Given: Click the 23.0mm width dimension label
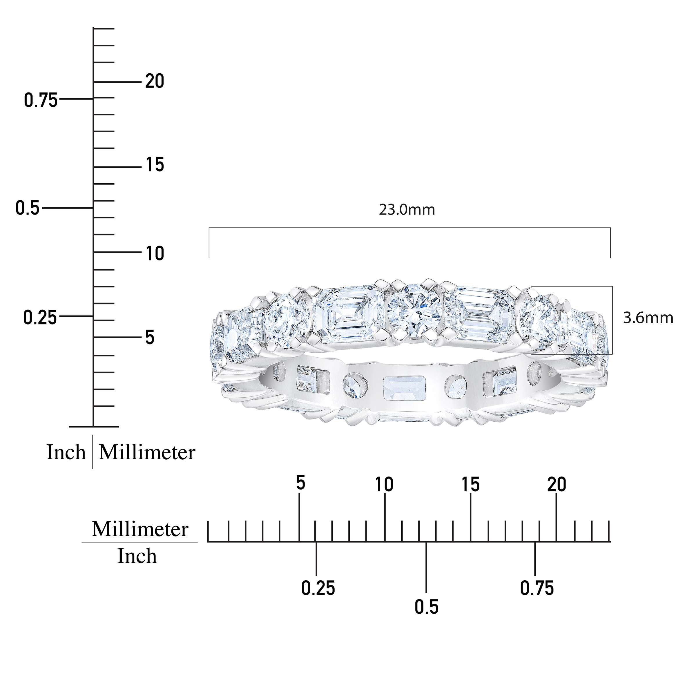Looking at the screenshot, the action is (x=407, y=210).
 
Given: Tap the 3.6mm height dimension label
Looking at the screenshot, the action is (x=648, y=318).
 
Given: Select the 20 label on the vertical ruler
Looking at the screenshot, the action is (x=155, y=81).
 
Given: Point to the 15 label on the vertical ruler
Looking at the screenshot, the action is (x=155, y=165).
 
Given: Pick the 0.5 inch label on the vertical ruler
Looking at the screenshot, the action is (x=27, y=208).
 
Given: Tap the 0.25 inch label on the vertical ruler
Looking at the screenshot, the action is (x=40, y=318).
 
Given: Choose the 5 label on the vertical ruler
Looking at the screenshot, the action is (x=150, y=338).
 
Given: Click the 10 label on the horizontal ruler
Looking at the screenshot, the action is (x=384, y=485).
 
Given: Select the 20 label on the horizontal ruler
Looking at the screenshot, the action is (x=557, y=485).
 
